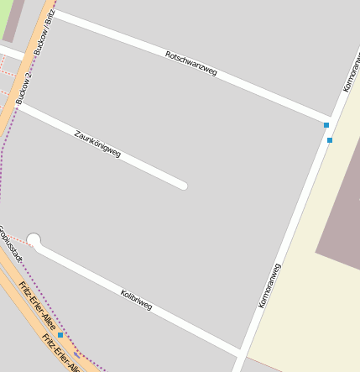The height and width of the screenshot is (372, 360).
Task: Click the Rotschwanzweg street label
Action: pyautogui.click(x=191, y=64)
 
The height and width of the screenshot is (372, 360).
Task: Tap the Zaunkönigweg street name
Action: pyautogui.click(x=97, y=144)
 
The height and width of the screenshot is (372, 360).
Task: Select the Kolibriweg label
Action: pyautogui.click(x=136, y=300)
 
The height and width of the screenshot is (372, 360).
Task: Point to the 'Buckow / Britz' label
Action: pyautogui.click(x=44, y=32)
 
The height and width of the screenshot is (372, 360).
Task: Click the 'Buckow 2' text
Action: pyautogui.click(x=23, y=87)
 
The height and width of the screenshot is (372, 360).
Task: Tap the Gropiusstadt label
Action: pyautogui.click(x=10, y=243)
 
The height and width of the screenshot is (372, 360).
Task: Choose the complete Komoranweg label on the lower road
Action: pyautogui.click(x=269, y=286)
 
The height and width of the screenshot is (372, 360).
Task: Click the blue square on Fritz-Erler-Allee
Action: pyautogui.click(x=60, y=335)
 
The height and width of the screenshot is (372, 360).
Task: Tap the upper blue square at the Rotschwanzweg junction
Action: pyautogui.click(x=326, y=125)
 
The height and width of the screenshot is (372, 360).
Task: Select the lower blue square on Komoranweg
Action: pyautogui.click(x=330, y=140)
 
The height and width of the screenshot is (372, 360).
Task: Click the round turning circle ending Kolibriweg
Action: pyautogui.click(x=34, y=241)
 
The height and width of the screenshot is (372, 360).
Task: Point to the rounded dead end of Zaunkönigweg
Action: pyautogui.click(x=181, y=185)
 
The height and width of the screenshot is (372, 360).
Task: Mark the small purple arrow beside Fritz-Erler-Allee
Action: pyautogui.click(x=77, y=354)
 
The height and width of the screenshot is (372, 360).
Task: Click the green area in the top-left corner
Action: pyautogui.click(x=4, y=17)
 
